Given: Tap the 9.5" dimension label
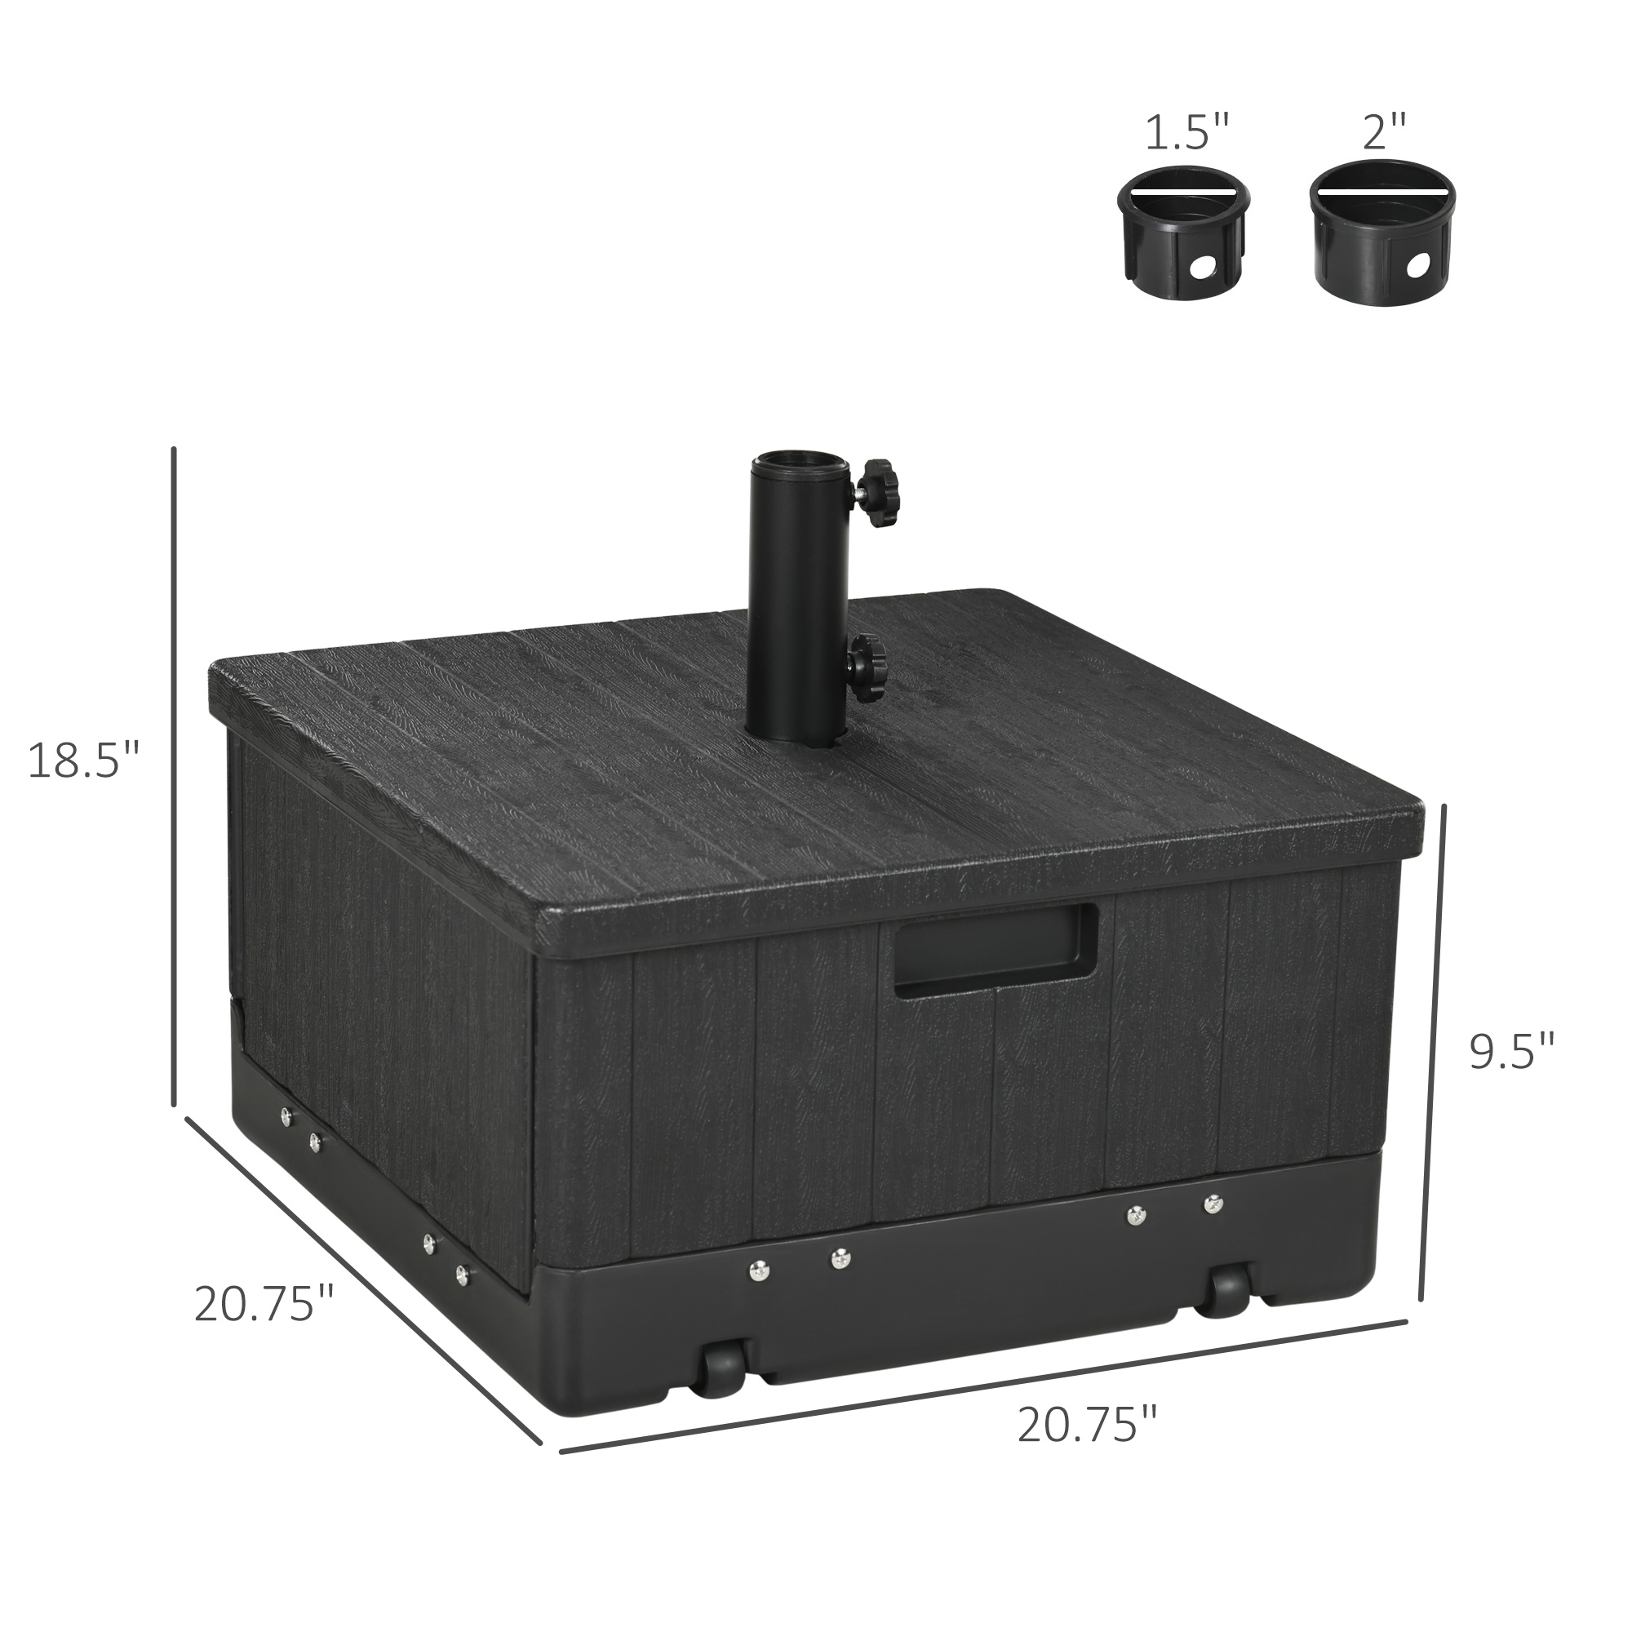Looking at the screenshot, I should (1512, 1053).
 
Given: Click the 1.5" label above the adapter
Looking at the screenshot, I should (1186, 134).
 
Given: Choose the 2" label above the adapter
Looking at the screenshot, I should (1384, 134).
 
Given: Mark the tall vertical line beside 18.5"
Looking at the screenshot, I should (174, 775).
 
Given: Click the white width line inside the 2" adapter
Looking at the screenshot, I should (1383, 190).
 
